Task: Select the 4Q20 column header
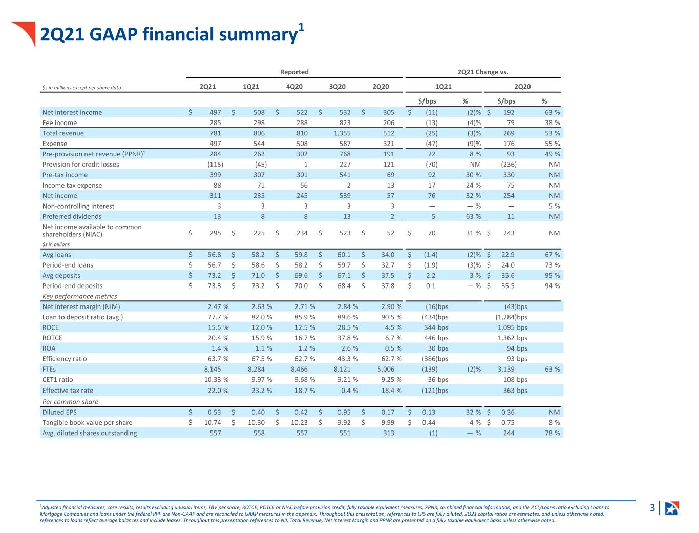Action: (x=294, y=87)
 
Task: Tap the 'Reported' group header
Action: (x=294, y=72)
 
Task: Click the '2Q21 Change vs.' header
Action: (x=482, y=72)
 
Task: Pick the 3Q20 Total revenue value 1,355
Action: (x=342, y=133)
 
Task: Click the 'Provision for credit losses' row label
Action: (x=80, y=165)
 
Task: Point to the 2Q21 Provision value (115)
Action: (x=215, y=165)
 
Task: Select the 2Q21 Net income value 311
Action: (x=215, y=196)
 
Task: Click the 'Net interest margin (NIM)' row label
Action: (x=81, y=307)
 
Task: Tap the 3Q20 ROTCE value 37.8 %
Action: (x=348, y=338)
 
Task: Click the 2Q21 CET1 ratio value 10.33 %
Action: (x=216, y=380)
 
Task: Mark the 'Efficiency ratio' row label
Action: (x=65, y=359)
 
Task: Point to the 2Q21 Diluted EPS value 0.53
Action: (x=215, y=412)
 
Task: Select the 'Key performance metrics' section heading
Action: (x=79, y=296)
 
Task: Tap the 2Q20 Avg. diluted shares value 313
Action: (x=389, y=433)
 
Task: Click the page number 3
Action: (x=652, y=507)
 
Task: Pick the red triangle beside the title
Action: (x=26, y=32)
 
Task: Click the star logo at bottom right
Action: (x=672, y=508)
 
